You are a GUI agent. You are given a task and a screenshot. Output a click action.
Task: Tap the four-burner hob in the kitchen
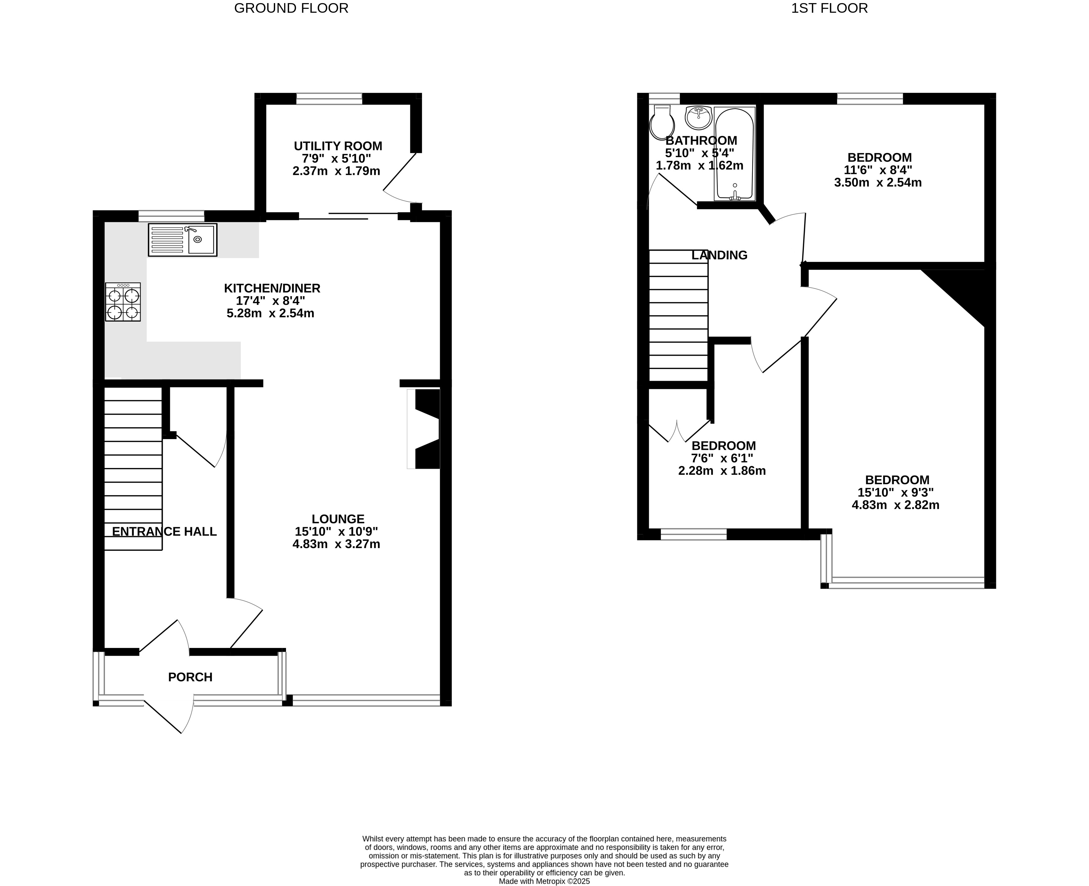(123, 302)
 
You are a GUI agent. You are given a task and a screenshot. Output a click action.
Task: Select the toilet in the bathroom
(662, 121)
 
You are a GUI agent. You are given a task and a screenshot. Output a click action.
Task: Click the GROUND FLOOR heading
(291, 8)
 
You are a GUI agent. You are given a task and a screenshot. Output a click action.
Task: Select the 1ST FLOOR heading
(829, 8)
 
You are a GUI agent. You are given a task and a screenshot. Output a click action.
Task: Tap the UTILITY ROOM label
(338, 146)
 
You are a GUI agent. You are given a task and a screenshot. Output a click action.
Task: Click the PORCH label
(190, 677)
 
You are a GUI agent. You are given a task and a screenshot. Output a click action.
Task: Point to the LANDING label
(719, 255)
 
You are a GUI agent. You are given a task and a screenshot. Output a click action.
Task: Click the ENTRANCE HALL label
(164, 531)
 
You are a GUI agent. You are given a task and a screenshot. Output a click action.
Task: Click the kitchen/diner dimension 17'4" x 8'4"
(270, 301)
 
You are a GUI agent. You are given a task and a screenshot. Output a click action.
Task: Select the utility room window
(329, 98)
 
